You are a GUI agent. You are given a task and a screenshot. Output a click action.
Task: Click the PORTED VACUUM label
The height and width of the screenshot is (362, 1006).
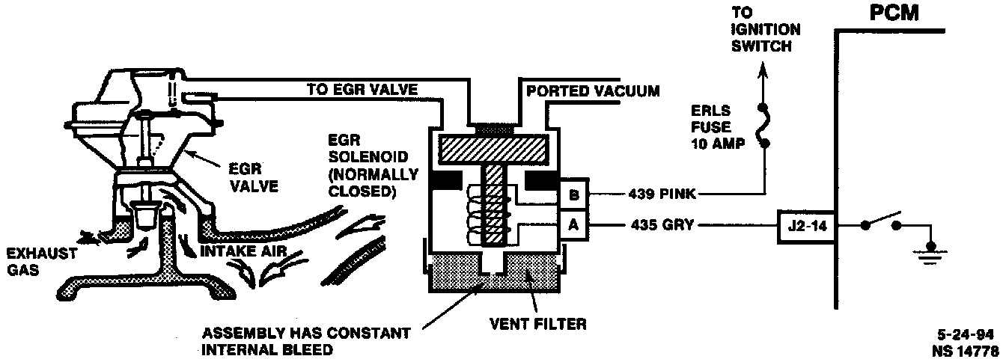(593, 91)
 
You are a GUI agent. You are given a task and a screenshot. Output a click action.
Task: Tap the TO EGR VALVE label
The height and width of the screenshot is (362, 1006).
(362, 90)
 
